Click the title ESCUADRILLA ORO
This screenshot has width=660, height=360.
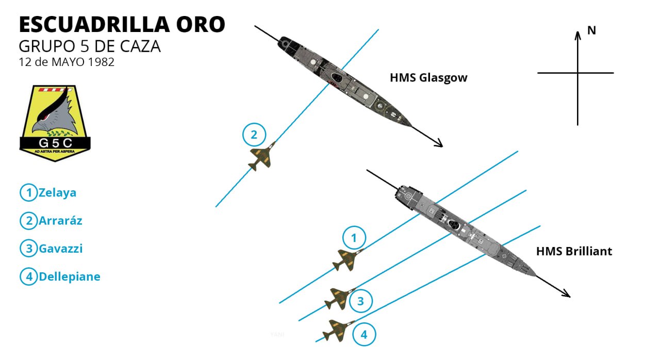point(122,24)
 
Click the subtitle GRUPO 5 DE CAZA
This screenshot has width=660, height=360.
point(90,46)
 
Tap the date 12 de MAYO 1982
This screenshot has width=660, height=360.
point(67,62)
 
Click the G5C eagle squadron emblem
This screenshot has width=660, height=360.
point(55,123)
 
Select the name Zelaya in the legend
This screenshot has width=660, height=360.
point(57,193)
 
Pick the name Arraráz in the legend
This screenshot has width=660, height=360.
point(60,221)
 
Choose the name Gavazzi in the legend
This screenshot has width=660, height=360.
point(60,249)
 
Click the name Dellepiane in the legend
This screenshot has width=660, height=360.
point(69,276)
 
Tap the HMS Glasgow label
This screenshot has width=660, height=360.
point(428,78)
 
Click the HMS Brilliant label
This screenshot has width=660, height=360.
point(574,252)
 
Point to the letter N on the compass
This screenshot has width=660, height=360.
point(591,30)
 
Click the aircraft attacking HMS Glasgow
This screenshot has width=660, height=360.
point(262,156)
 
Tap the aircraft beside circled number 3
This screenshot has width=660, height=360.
point(339,299)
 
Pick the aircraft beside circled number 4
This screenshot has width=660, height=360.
point(340,329)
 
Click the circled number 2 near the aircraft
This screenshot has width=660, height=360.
point(254,135)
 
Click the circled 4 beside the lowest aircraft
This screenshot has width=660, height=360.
point(364,335)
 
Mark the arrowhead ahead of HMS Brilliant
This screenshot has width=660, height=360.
point(567,294)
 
